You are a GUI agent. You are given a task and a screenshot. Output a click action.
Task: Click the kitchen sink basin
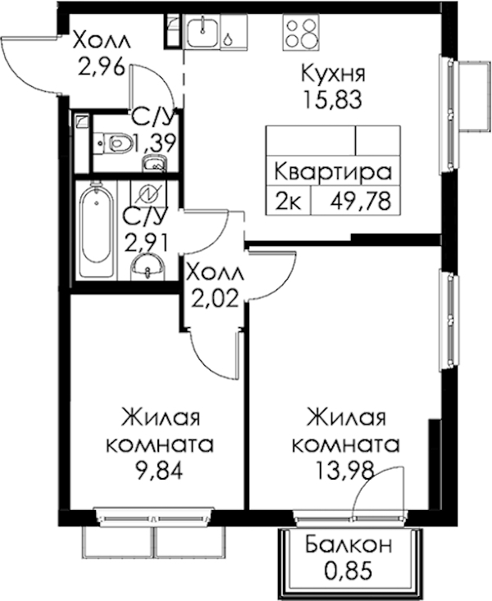(x=203, y=32)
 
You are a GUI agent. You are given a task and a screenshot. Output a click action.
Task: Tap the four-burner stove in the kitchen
(x=301, y=32)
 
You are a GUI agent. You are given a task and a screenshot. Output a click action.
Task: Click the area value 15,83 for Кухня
(x=332, y=100)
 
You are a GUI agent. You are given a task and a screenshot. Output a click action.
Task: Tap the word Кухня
(x=333, y=73)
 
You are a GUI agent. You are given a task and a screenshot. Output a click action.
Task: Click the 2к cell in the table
(x=288, y=201)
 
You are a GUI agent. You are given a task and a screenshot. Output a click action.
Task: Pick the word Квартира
(x=333, y=172)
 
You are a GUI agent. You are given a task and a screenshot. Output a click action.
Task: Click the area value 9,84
(x=160, y=471)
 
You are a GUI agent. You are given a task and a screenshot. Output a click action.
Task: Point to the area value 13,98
(x=344, y=471)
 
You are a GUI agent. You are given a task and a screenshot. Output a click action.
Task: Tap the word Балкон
(x=348, y=545)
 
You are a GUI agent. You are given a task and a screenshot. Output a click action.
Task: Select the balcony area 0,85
(x=348, y=571)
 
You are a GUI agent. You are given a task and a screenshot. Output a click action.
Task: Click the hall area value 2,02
(x=215, y=298)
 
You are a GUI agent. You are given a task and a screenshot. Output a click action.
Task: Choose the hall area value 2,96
(x=102, y=66)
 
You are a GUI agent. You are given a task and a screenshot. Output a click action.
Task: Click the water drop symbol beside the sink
(x=228, y=39)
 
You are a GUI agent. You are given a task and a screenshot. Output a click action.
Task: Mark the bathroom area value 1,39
(x=154, y=143)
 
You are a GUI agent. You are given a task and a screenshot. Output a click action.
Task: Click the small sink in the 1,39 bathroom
(x=154, y=164)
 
